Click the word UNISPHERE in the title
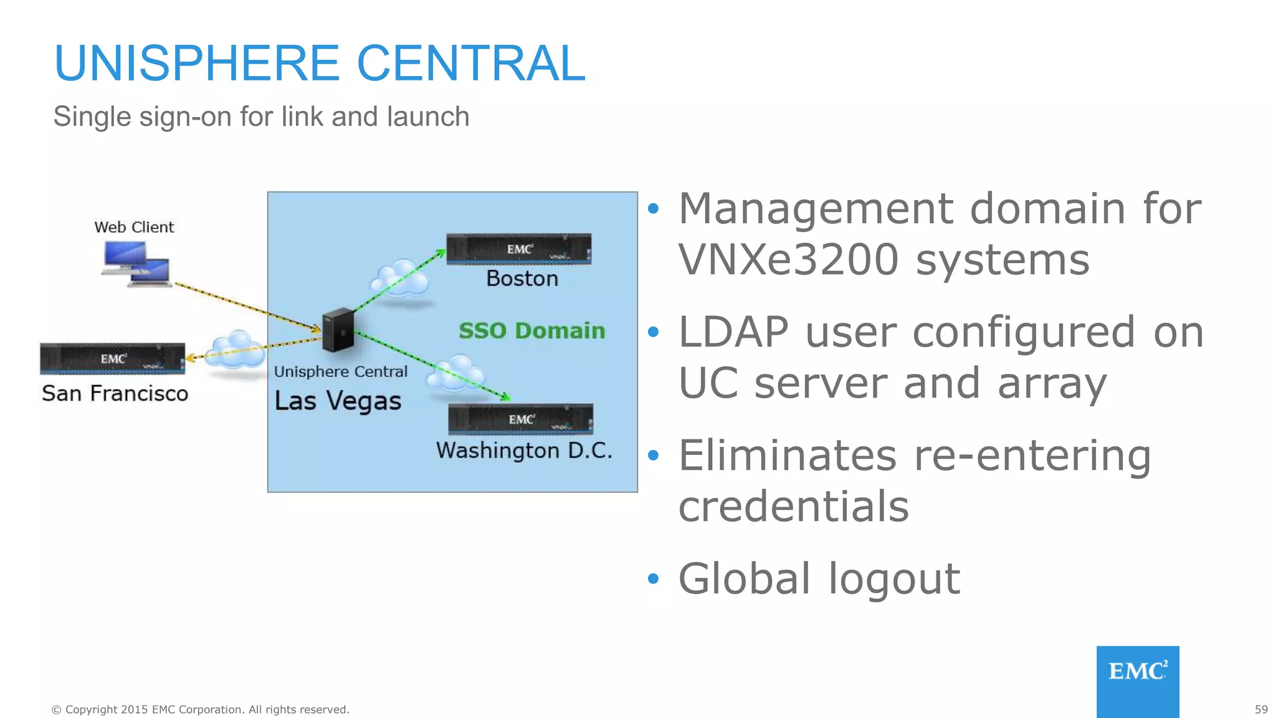tap(197, 64)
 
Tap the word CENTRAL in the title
tap(471, 64)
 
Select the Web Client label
tap(134, 227)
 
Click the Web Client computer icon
tap(136, 264)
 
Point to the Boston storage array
tap(519, 249)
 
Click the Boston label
tap(522, 279)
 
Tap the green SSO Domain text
tap(531, 331)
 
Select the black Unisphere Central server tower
tap(338, 330)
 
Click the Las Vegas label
tap(338, 401)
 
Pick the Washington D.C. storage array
tap(521, 419)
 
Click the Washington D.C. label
tap(524, 451)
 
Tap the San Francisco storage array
tap(113, 359)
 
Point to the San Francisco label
tap(115, 394)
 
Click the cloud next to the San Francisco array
tap(235, 353)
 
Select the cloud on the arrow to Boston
tap(400, 280)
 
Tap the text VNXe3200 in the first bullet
tap(788, 259)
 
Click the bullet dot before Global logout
tap(653, 579)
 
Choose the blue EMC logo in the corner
tap(1138, 681)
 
